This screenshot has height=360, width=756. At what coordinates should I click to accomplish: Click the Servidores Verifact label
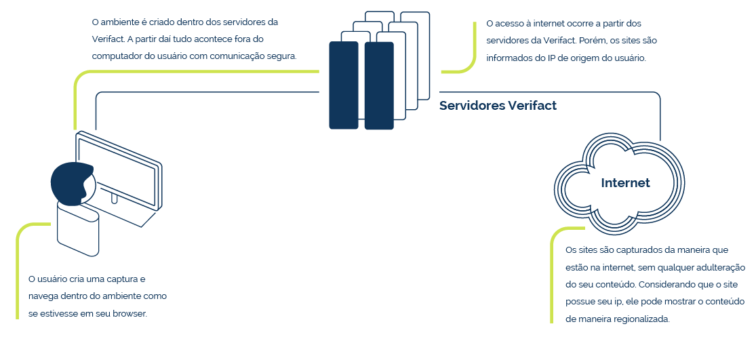pos(498,106)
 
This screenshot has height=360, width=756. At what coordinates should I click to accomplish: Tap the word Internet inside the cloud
pos(625,183)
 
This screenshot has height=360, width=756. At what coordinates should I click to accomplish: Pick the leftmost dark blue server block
pos(344,85)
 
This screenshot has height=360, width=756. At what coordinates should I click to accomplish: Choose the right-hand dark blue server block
pos(379,86)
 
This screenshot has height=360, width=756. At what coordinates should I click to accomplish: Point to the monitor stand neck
pos(115,198)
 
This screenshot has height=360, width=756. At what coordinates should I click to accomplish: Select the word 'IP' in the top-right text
pos(544,58)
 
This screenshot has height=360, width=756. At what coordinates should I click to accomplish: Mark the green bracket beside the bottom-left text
pos(18,270)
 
